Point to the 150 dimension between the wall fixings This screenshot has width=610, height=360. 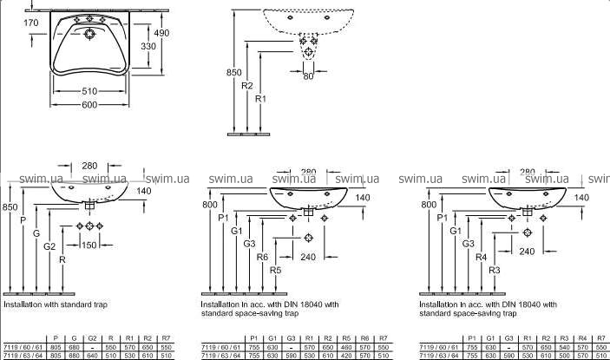[x=89, y=245]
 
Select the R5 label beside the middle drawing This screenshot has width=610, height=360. [x=275, y=271]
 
